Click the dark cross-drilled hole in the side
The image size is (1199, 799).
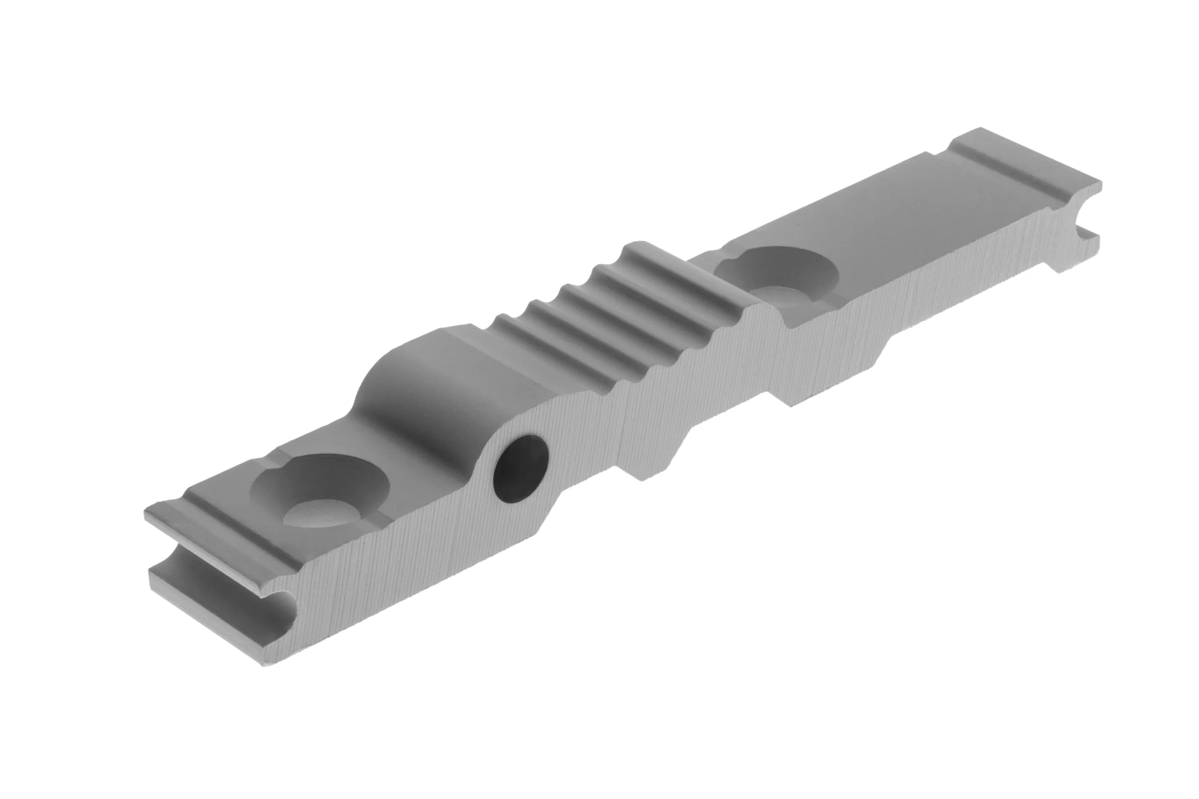tap(520, 468)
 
